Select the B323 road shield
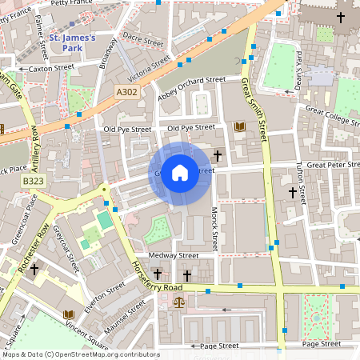[x=33, y=183]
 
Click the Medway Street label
[x=177, y=256]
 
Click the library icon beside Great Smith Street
[x=239, y=126]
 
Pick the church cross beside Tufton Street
[x=293, y=192]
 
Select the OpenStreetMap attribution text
[x=80, y=354]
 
